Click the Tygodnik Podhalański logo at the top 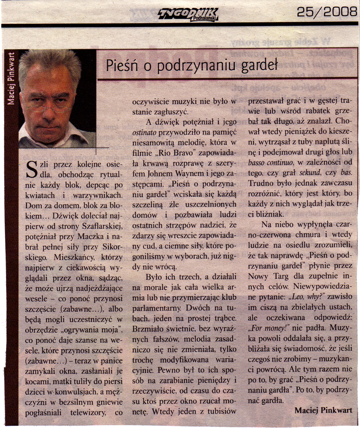pos(187,15)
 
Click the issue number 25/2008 pos(327,13)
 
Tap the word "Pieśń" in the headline pos(120,66)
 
